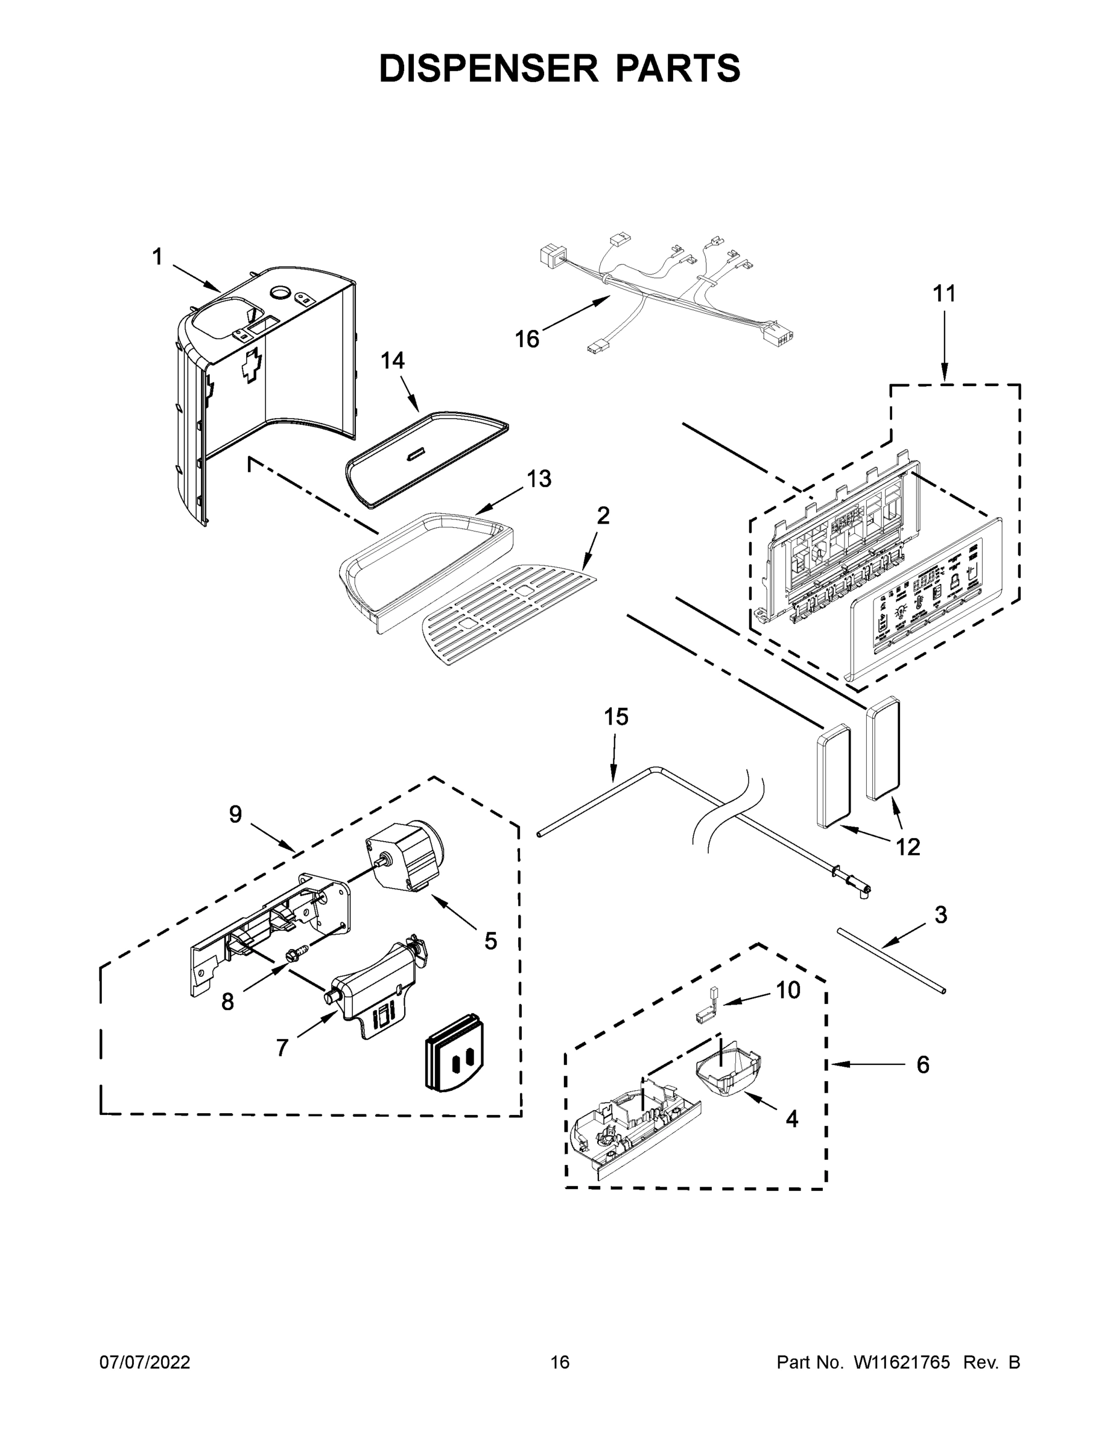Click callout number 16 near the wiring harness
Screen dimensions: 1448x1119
click(x=527, y=340)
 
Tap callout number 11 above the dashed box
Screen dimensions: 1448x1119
click(x=945, y=293)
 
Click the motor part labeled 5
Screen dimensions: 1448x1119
click(x=407, y=859)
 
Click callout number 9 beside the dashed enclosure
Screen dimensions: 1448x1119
click(x=235, y=814)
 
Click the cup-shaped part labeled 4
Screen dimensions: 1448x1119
click(x=726, y=1071)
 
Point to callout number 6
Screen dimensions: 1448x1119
click(x=923, y=1064)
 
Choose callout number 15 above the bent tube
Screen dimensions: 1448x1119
click(x=616, y=717)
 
